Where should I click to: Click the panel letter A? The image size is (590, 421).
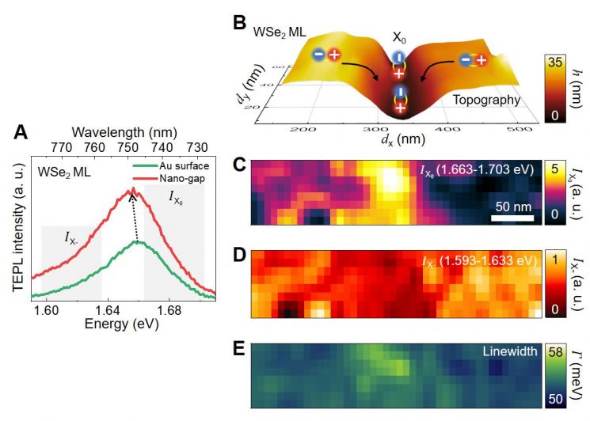click(21, 132)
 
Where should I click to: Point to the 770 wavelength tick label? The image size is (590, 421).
click(61, 147)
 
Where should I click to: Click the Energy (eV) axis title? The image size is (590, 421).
click(121, 324)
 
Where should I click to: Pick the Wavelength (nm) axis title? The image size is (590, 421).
click(124, 132)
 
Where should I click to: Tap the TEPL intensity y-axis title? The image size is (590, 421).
click(19, 227)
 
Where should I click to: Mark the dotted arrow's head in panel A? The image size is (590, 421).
click(131, 196)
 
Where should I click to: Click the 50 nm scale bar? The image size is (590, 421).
click(512, 218)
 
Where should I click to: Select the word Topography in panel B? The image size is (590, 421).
click(486, 100)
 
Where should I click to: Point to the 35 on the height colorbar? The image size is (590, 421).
click(555, 62)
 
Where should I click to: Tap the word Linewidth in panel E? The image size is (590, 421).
click(510, 351)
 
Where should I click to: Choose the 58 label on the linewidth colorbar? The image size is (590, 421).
click(555, 352)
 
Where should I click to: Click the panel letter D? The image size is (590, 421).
click(240, 255)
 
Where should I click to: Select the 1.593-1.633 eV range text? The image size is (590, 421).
click(488, 260)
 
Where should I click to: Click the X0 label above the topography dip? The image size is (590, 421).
click(399, 38)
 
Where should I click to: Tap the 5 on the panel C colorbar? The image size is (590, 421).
click(555, 169)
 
